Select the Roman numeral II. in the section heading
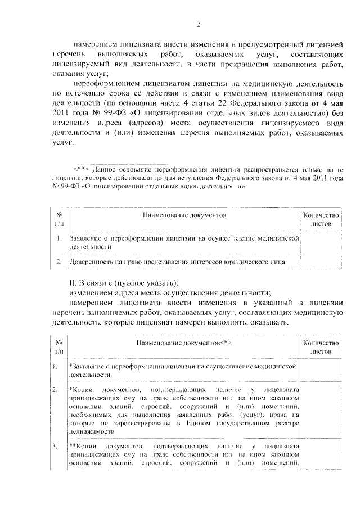coord(71,282)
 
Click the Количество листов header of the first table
coord(321,219)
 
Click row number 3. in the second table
coord(55,447)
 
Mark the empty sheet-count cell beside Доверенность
coord(321,262)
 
